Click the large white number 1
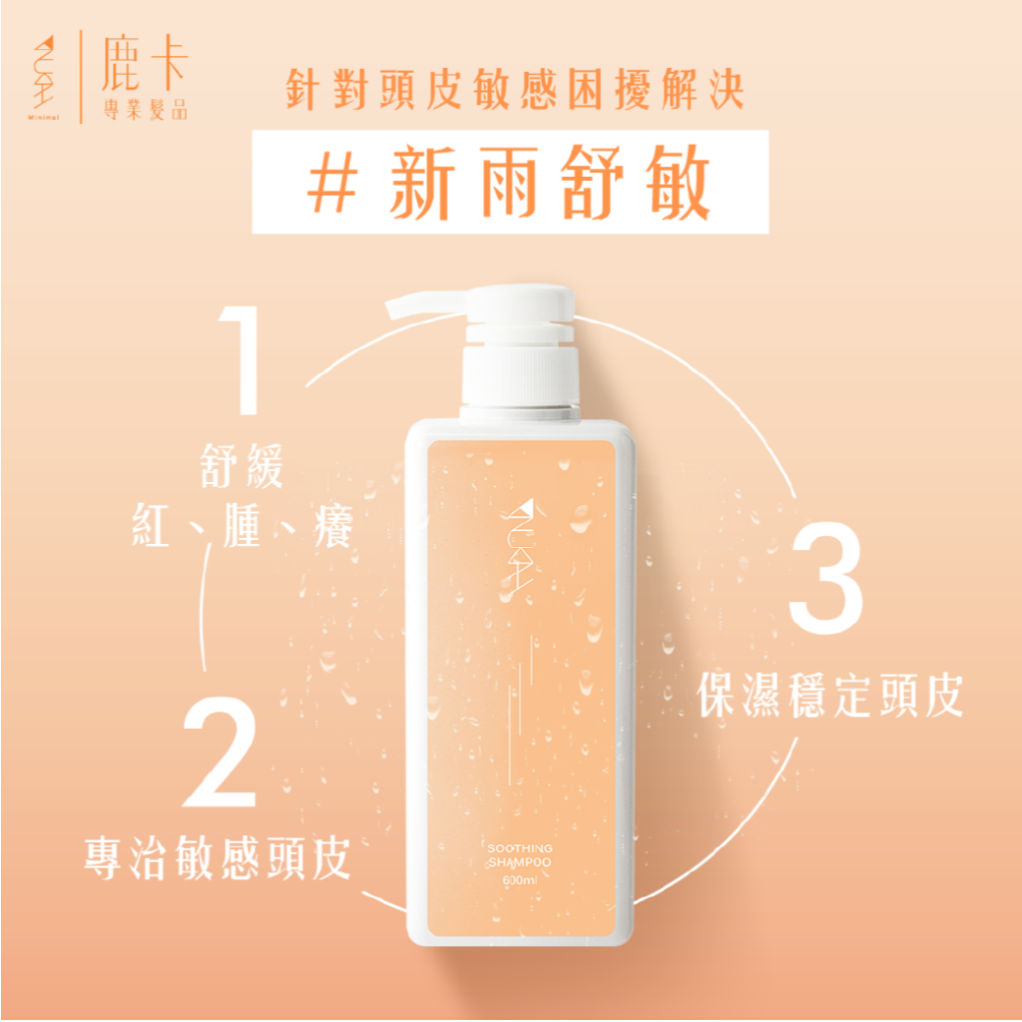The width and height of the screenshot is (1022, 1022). [x=242, y=359]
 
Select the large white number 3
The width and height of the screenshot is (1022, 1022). [x=825, y=578]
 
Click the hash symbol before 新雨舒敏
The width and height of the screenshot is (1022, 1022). [x=332, y=182]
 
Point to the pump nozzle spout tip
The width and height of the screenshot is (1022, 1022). [x=391, y=308]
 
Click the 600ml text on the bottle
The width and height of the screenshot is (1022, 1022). [x=519, y=880]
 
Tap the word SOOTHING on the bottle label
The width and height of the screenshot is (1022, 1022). [x=519, y=848]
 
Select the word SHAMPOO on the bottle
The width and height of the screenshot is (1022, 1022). [x=519, y=862]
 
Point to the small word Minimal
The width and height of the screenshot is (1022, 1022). [x=43, y=118]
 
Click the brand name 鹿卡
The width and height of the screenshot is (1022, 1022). [x=145, y=64]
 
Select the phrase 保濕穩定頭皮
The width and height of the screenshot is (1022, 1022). [x=829, y=696]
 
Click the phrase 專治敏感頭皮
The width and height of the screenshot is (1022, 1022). [x=217, y=857]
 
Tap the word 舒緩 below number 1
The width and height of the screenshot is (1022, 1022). [x=242, y=465]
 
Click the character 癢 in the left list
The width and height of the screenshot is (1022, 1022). [x=333, y=525]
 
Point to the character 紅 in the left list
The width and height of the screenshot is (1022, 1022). [x=152, y=525]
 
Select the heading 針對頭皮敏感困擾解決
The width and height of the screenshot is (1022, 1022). [x=515, y=89]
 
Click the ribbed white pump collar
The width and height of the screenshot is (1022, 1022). [x=520, y=376]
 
